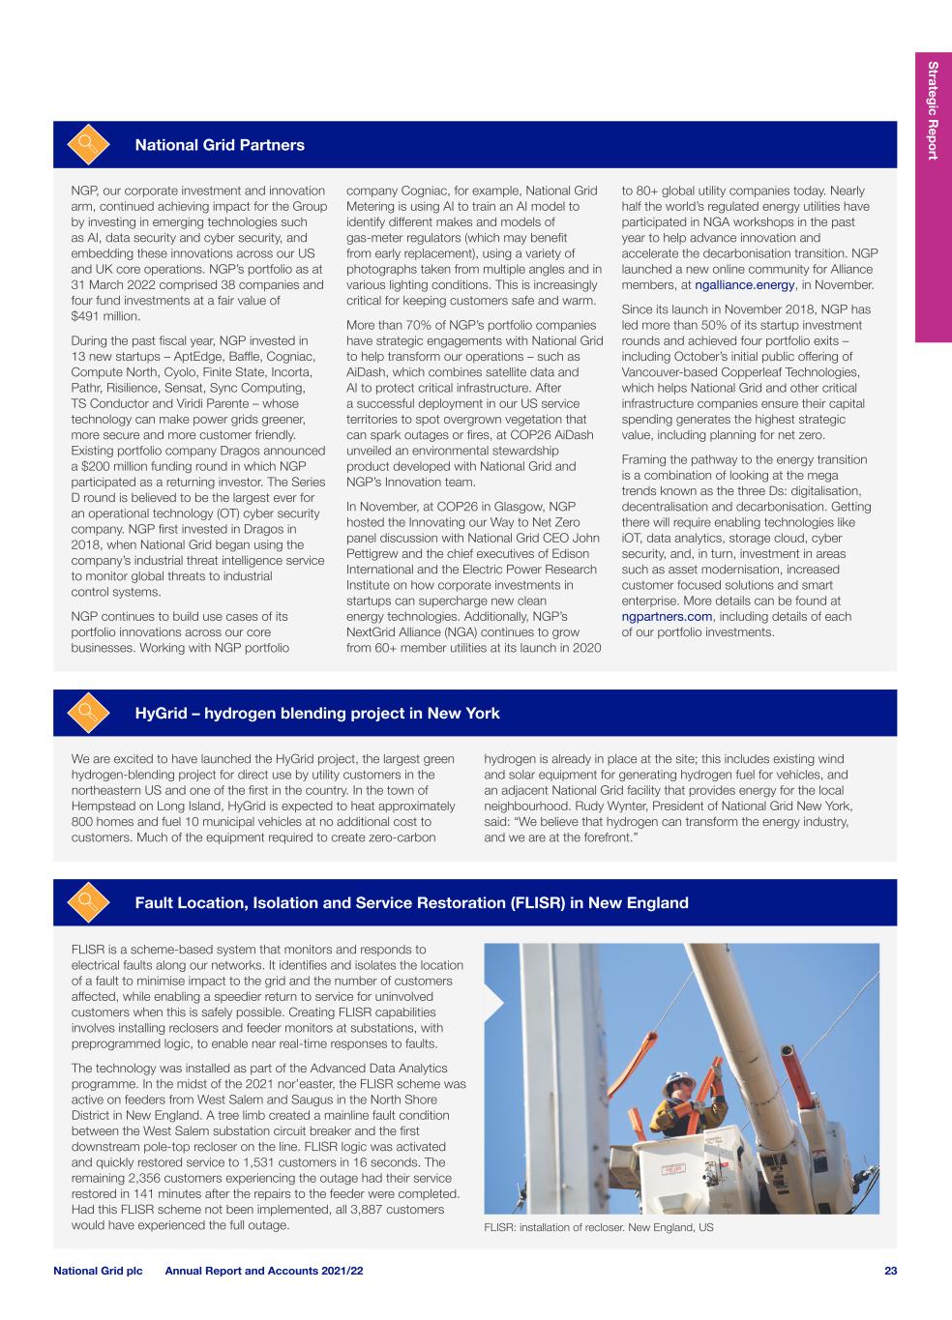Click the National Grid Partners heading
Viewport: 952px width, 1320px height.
220,145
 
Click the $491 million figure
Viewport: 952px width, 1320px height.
106,316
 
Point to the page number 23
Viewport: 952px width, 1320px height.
890,1271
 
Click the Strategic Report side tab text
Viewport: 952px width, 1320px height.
933,110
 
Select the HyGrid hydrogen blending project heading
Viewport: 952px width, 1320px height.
317,714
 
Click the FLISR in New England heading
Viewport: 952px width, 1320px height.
411,903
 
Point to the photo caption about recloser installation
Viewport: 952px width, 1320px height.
598,1227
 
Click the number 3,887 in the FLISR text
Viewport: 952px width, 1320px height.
367,1209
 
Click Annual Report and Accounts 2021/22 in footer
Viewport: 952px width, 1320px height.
264,1271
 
